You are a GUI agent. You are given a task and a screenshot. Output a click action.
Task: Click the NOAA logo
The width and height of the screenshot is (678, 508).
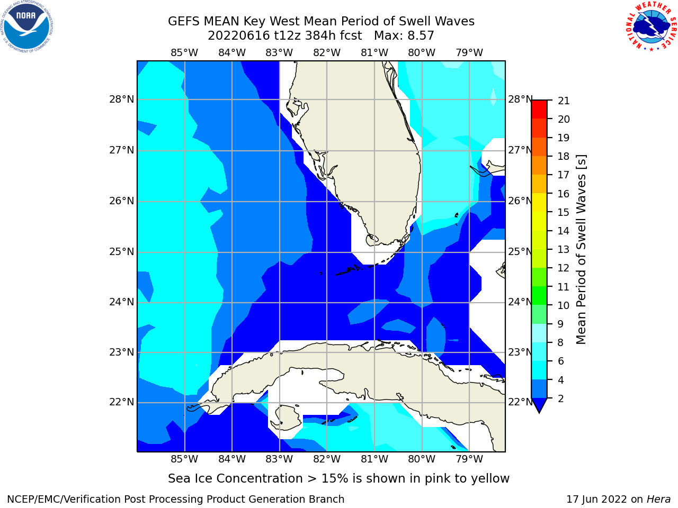tap(27, 27)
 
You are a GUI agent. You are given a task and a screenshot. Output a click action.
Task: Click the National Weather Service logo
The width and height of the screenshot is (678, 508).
tap(651, 26)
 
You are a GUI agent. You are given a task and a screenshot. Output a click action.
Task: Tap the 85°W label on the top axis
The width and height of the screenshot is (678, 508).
tap(184, 53)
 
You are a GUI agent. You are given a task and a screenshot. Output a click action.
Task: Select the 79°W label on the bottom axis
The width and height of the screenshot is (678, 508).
tap(469, 459)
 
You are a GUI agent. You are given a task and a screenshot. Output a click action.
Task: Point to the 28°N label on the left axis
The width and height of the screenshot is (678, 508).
tap(121, 99)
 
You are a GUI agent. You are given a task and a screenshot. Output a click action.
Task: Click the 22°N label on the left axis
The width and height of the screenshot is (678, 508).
tap(121, 402)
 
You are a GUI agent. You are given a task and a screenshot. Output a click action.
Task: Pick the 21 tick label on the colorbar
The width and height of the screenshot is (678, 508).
tap(564, 101)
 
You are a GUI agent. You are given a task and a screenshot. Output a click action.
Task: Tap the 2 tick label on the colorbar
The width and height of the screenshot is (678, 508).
tap(561, 398)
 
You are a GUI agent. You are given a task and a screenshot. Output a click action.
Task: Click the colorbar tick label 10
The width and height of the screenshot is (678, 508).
tap(564, 305)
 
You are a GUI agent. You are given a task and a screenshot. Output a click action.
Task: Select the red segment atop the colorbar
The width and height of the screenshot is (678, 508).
tap(539, 109)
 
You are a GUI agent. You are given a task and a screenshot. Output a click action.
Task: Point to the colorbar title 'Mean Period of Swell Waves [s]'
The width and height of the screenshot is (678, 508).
tap(581, 250)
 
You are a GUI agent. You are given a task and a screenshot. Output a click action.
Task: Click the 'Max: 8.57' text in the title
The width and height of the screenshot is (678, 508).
tap(404, 36)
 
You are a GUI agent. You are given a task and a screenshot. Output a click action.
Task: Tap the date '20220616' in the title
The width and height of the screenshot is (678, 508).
tap(239, 36)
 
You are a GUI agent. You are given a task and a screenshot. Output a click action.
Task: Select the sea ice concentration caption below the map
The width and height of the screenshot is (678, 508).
tap(338, 478)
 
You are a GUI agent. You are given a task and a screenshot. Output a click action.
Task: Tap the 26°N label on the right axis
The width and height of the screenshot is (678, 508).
tap(521, 201)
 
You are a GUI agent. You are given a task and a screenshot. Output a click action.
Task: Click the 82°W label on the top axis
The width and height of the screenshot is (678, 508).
tap(327, 53)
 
